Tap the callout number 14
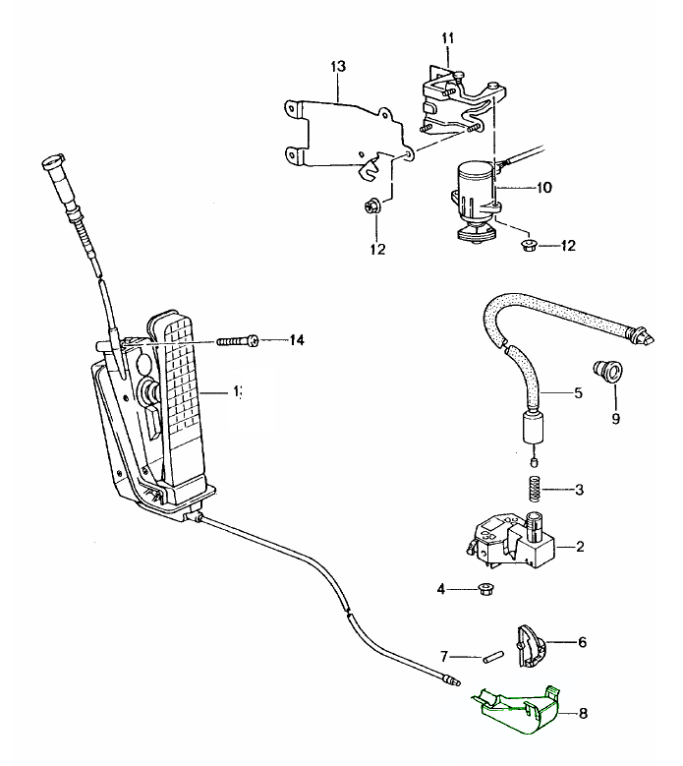point(296,341)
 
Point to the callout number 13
point(338,67)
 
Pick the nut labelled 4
point(484,590)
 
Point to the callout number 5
point(578,393)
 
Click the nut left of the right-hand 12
point(527,244)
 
